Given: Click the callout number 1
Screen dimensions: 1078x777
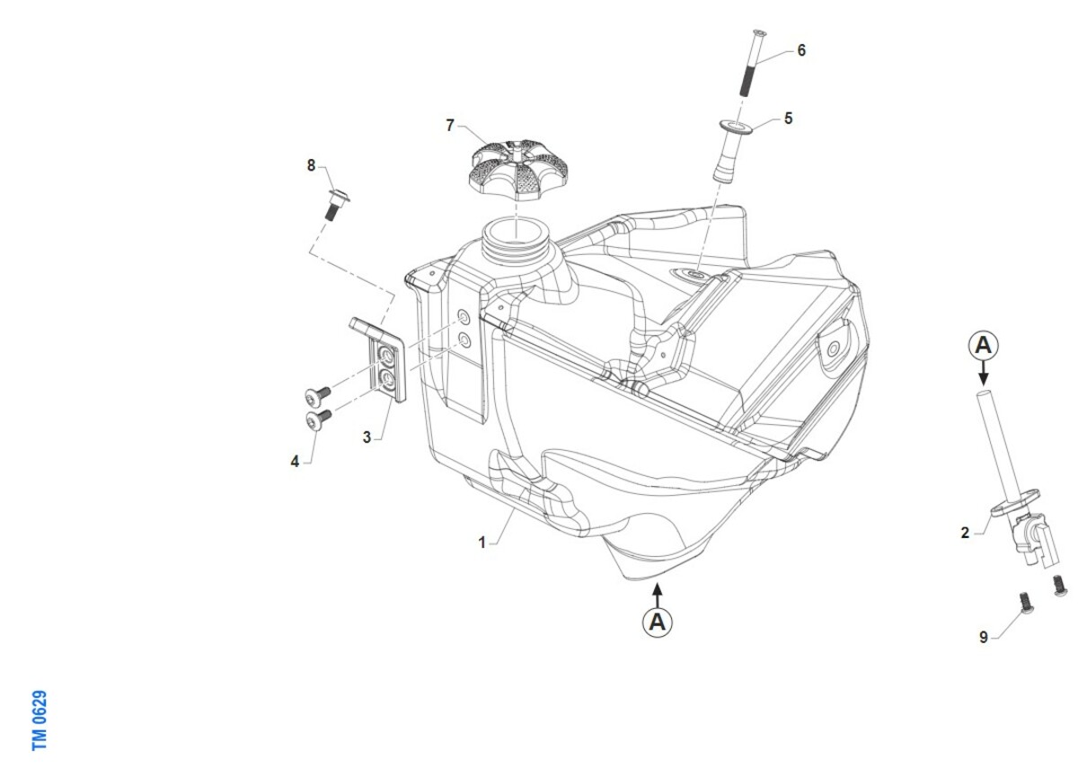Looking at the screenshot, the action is [482, 543].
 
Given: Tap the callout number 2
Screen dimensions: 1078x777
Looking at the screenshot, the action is [965, 533].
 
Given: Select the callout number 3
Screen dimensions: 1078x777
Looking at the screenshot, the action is [367, 437].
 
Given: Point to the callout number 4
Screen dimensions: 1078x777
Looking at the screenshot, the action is [295, 462].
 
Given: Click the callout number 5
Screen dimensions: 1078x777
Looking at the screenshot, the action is [789, 119].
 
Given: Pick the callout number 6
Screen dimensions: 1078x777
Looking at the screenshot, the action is [801, 50].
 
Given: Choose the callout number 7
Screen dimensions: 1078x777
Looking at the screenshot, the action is [450, 125].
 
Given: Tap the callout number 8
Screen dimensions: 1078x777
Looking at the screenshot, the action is [311, 165].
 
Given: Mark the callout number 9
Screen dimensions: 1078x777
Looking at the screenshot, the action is [984, 637].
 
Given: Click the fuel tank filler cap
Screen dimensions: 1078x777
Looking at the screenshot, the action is [518, 170].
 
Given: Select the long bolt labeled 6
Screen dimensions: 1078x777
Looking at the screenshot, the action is [752, 63].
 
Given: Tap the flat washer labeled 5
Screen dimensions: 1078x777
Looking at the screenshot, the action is [736, 128].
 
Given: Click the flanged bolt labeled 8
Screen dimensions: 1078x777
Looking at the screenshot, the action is [335, 205].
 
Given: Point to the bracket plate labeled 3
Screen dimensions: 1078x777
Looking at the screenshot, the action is [380, 358].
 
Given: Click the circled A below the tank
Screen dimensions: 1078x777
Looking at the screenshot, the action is [658, 622].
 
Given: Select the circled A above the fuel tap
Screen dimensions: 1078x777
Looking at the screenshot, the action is [983, 346].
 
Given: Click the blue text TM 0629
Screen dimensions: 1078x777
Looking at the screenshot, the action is [40, 720].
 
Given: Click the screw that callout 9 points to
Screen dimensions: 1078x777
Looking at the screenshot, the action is [1026, 603].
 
